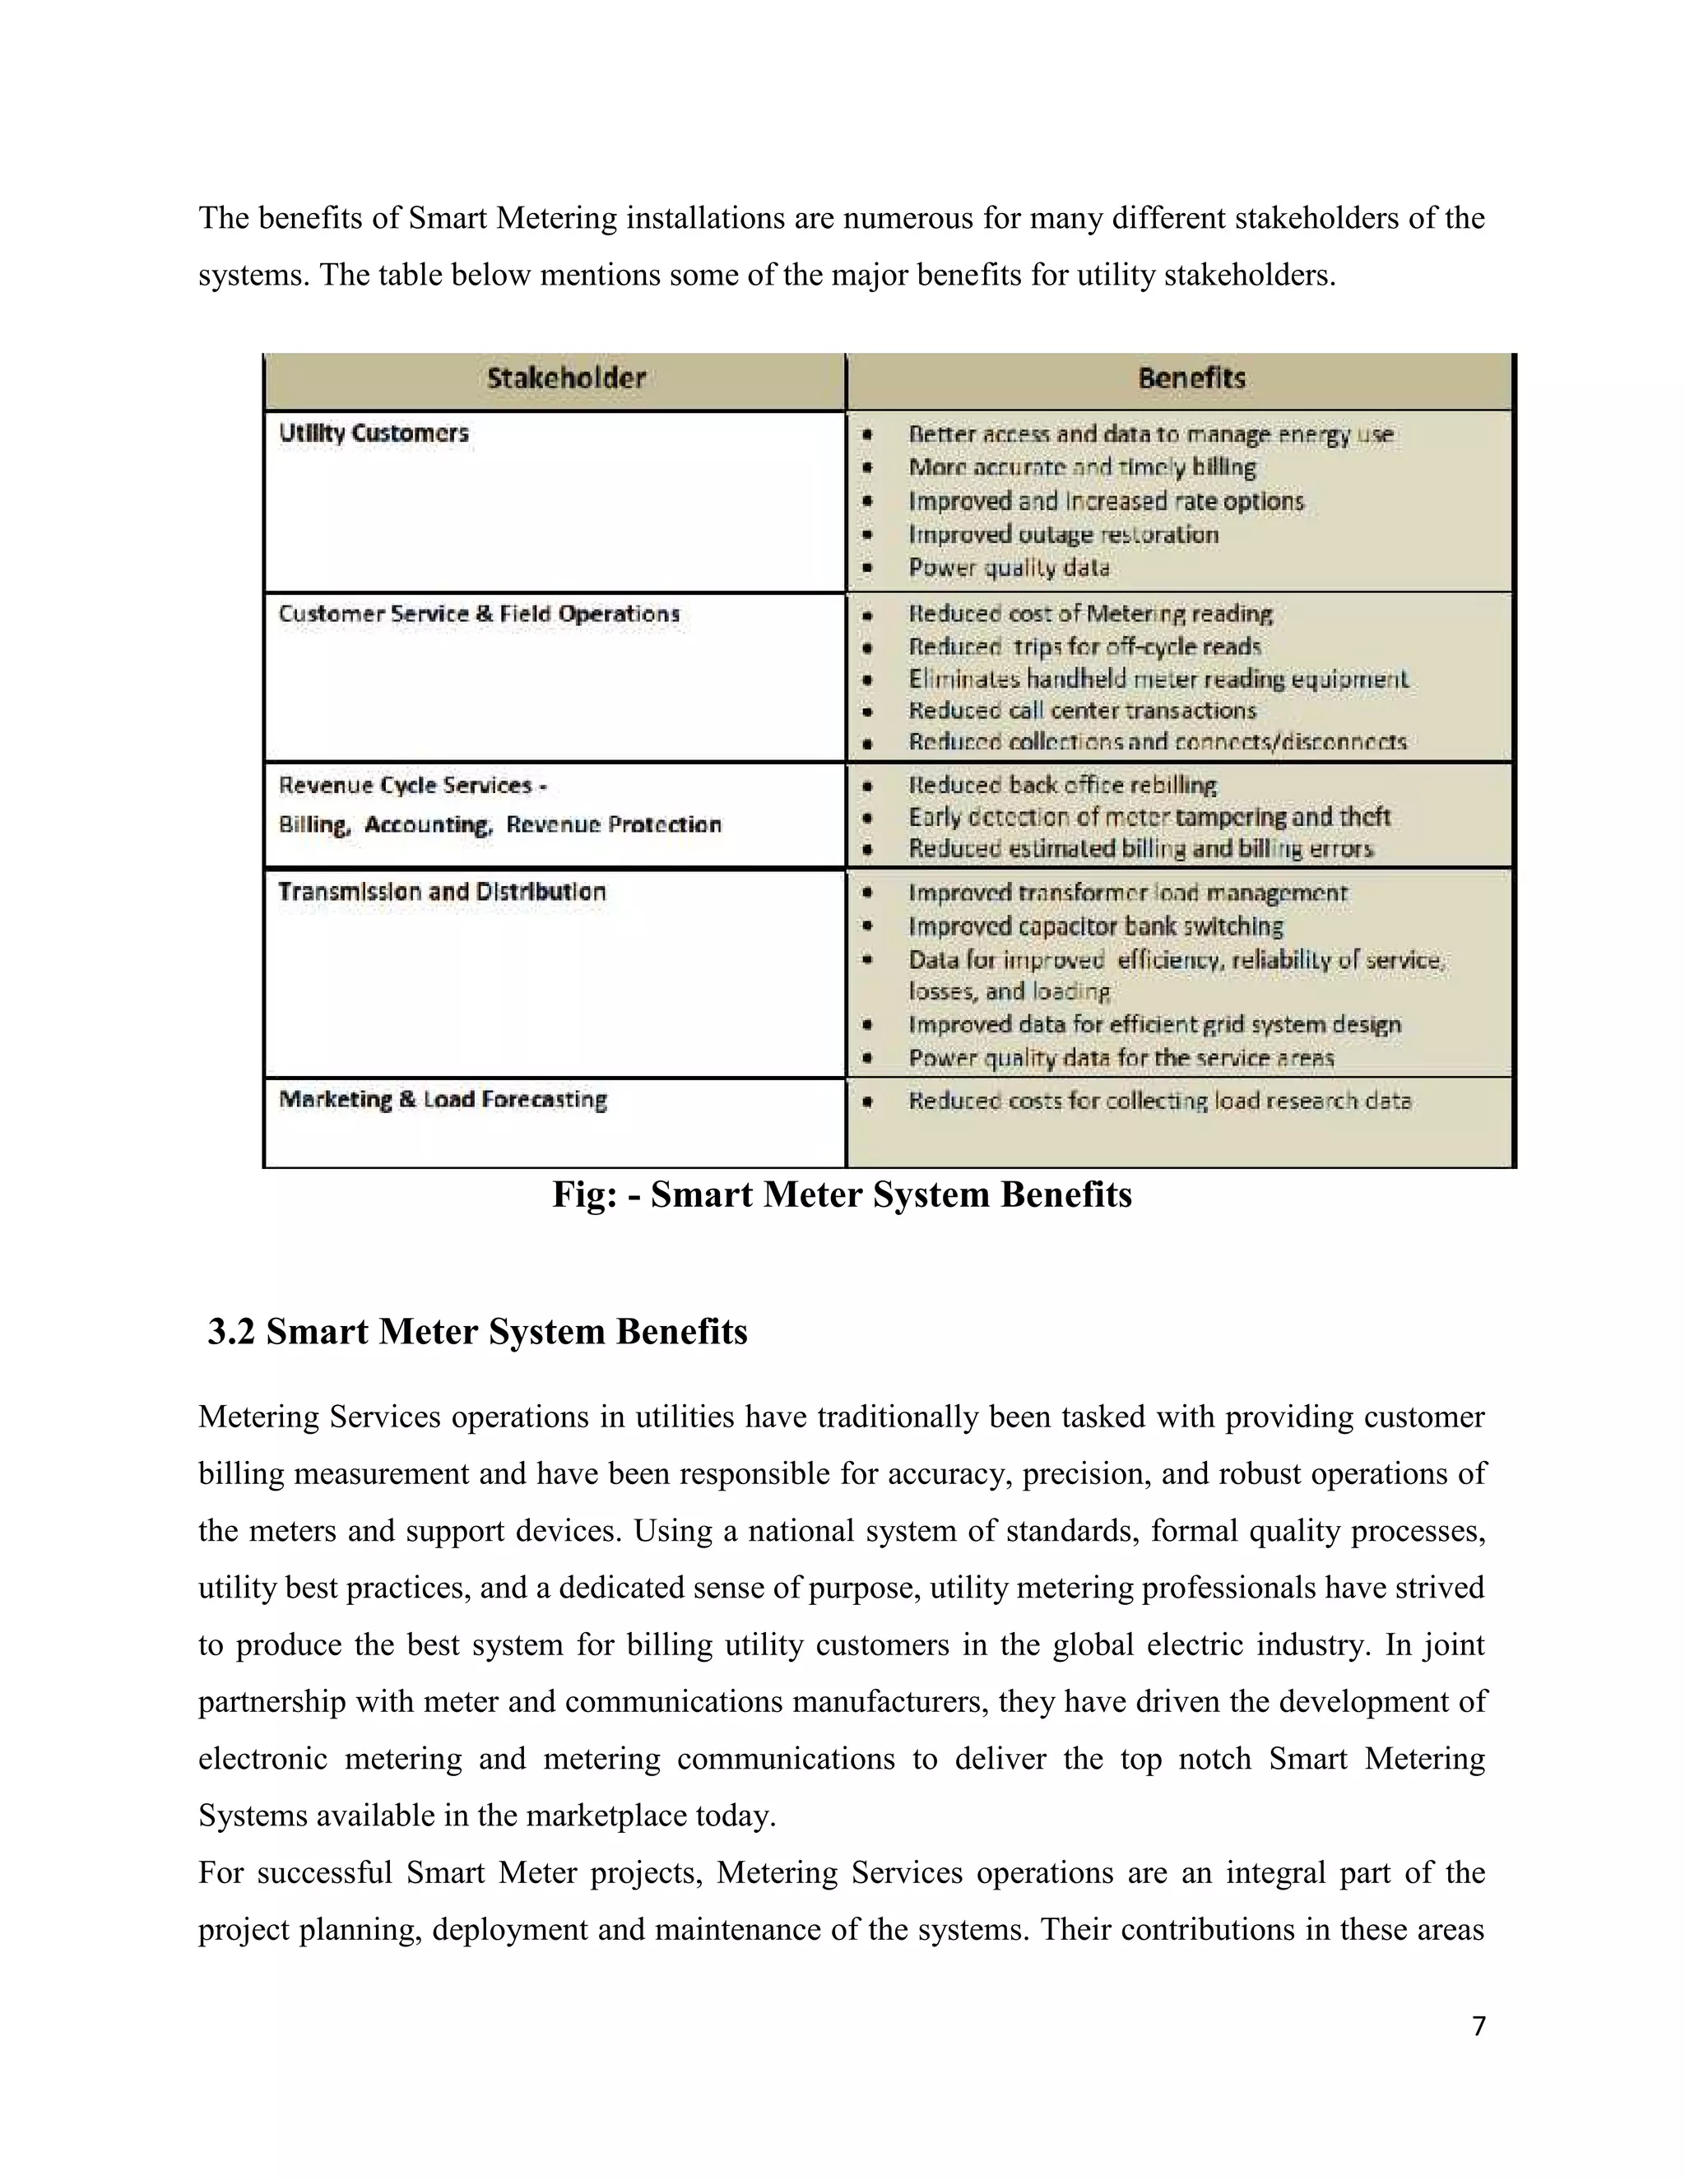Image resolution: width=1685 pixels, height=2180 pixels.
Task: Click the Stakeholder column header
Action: click(566, 378)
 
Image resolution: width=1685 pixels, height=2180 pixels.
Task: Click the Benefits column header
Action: click(1191, 378)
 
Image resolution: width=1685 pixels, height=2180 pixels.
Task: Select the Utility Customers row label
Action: click(374, 434)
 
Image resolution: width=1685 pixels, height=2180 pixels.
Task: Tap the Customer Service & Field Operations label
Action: click(478, 614)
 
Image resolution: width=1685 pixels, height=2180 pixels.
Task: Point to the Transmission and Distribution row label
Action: click(441, 892)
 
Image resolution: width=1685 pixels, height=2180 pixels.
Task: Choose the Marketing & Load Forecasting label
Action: click(442, 1100)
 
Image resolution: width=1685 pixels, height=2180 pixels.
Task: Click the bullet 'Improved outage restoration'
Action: click(1062, 535)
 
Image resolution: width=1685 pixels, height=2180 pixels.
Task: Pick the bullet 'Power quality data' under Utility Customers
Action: click(1008, 568)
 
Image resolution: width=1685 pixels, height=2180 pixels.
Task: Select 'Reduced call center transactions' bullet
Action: click(1081, 711)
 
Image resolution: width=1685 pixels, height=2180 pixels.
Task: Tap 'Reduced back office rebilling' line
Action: click(1061, 786)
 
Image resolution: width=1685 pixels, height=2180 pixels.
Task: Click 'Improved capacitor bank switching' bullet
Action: click(1095, 926)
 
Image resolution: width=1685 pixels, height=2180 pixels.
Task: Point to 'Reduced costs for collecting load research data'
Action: click(1159, 1101)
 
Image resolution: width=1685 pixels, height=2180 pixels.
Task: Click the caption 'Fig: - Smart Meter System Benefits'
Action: click(842, 1194)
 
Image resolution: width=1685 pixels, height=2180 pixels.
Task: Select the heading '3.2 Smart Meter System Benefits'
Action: click(477, 1332)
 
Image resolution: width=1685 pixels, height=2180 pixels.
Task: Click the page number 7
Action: click(1478, 2046)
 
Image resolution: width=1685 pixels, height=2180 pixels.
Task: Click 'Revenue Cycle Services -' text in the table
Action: click(412, 786)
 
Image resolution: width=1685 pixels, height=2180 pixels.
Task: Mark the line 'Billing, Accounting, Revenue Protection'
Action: click(499, 825)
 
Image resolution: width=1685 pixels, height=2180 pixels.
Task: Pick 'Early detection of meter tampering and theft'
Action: click(1148, 818)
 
